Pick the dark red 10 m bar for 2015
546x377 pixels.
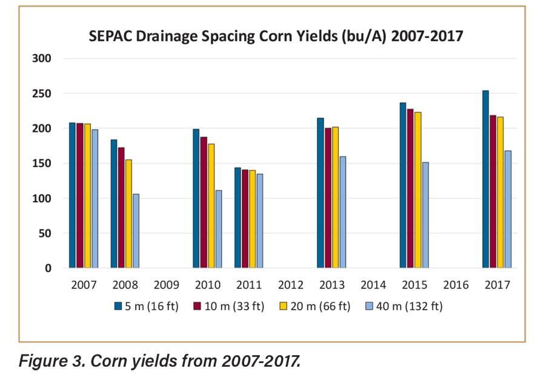[410, 188]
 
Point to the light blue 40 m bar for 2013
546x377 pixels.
[342, 212]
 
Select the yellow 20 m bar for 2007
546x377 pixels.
[87, 195]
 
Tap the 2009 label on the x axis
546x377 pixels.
[167, 285]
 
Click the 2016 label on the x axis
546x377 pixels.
[456, 285]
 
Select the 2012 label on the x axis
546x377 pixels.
[291, 285]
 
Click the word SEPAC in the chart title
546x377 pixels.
[110, 36]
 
